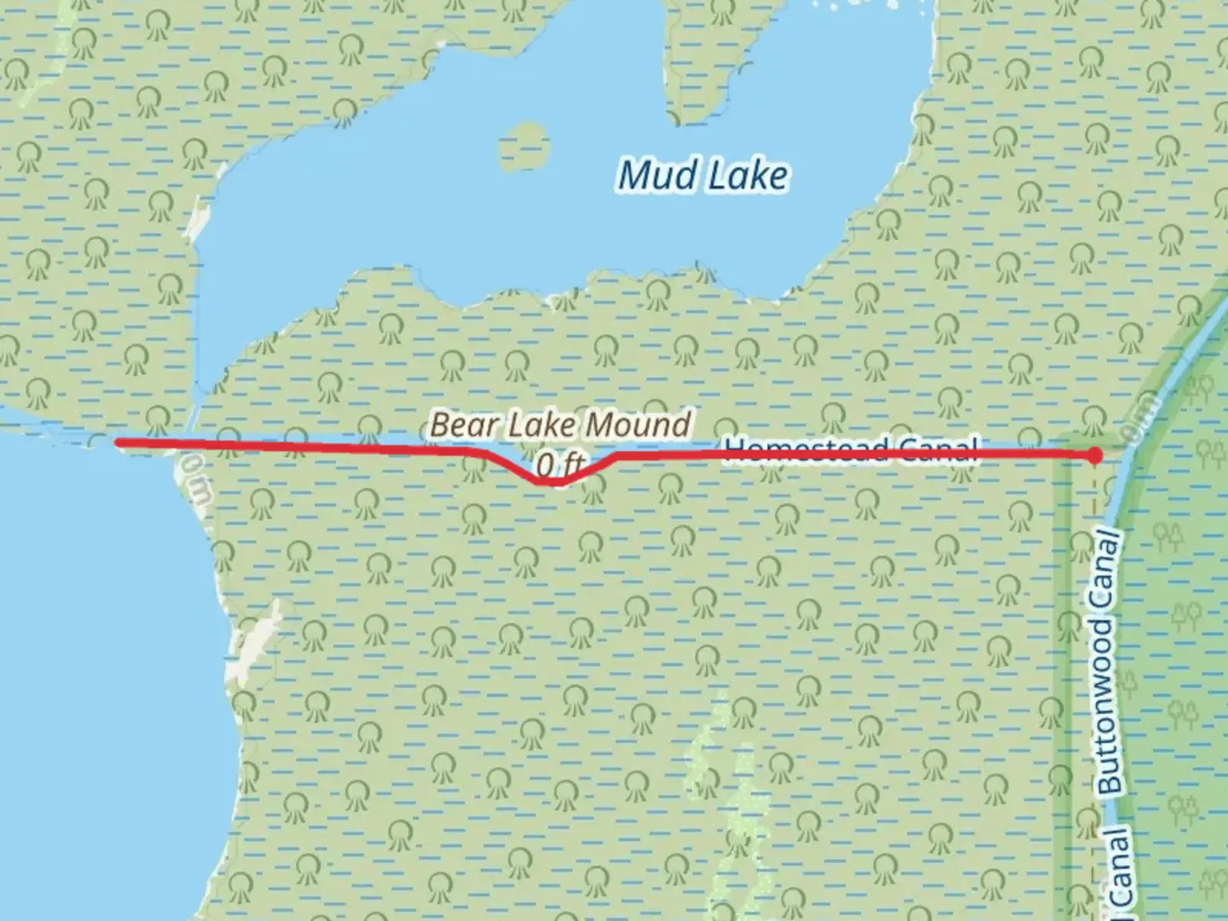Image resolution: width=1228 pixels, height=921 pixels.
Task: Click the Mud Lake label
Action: (703, 176)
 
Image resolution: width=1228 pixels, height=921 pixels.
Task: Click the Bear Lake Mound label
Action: (560, 425)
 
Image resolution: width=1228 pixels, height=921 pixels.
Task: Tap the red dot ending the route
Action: (1095, 456)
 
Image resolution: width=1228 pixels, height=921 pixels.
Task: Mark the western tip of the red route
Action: (118, 442)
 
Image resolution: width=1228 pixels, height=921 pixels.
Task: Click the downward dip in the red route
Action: (551, 481)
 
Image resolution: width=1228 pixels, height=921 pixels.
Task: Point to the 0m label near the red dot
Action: (1140, 418)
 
